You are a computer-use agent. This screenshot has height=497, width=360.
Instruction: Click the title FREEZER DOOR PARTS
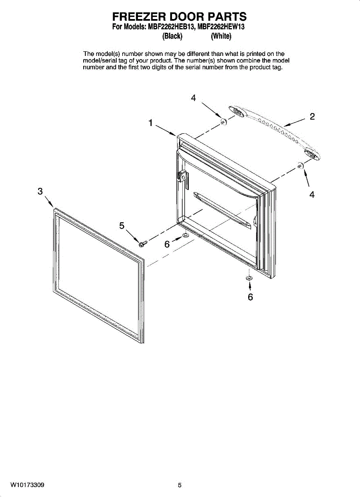point(179,17)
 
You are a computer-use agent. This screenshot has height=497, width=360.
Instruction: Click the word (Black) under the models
point(172,36)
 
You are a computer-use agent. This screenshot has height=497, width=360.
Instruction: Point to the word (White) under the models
point(221,36)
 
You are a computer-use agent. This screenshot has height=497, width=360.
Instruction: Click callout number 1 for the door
point(151,123)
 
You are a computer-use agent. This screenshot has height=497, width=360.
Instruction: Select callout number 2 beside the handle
point(312,116)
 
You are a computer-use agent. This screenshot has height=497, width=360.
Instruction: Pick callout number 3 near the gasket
point(40,191)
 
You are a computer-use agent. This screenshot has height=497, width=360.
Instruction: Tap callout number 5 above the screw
point(122,226)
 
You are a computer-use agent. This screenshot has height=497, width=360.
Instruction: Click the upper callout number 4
point(193,98)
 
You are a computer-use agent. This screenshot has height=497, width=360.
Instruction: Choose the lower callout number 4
point(312,194)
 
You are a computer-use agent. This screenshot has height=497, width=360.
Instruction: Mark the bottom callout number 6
point(250,297)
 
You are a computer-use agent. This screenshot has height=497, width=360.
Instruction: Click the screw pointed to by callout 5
point(142,244)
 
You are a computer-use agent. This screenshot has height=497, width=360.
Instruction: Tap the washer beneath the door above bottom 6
point(249,277)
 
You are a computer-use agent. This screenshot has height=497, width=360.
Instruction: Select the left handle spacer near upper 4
point(223,122)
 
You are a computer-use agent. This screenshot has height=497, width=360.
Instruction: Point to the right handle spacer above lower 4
point(300,166)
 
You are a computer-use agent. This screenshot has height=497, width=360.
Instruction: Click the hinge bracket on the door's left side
point(182,178)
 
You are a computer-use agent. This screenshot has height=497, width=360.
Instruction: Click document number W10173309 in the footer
point(28,485)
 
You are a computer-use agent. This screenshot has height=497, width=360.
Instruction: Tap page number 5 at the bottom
point(180,485)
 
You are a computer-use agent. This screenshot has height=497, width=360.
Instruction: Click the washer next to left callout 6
point(185,236)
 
